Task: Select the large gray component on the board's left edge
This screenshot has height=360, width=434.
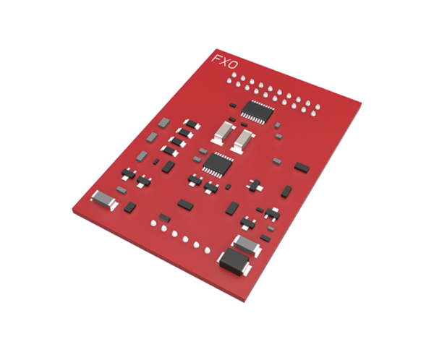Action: (106, 199)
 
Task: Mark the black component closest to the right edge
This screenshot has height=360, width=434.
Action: (302, 168)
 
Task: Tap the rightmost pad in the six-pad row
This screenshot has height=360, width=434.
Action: (208, 251)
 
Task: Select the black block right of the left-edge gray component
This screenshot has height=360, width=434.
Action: (129, 207)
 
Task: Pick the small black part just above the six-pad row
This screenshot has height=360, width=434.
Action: (165, 217)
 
